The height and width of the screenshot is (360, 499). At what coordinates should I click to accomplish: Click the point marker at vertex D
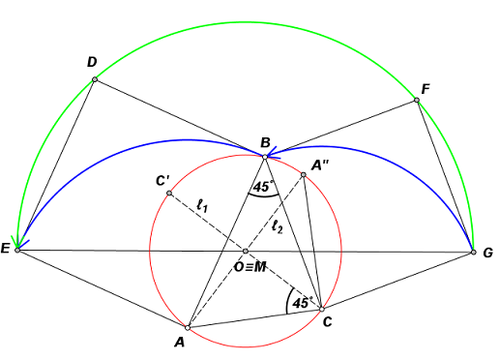[x=95, y=79]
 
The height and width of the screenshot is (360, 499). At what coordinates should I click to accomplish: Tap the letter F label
[x=426, y=87]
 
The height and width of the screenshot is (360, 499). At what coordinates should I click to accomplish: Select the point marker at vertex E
[x=17, y=250]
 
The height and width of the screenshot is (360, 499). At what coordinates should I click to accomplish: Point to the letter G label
[x=487, y=254]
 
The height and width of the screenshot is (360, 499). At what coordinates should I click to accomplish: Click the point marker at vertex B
[x=264, y=156]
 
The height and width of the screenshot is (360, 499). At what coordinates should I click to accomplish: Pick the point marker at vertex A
[x=189, y=327]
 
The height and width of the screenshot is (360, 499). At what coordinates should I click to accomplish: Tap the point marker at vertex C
[x=321, y=308]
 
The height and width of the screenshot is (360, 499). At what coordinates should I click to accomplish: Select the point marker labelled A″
[x=304, y=174]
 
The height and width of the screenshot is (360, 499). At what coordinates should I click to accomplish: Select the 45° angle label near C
[x=301, y=303]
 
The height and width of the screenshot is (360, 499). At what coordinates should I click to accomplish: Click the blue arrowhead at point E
[x=18, y=242]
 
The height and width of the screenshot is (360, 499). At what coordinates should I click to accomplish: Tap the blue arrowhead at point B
[x=272, y=151]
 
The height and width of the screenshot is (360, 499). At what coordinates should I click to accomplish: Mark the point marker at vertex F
[x=417, y=99]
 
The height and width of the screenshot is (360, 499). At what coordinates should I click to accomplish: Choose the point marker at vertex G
[x=473, y=252]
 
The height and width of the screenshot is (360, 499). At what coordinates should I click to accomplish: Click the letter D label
[x=91, y=63]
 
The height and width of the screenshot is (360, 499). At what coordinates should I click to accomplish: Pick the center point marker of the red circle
[x=245, y=252]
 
